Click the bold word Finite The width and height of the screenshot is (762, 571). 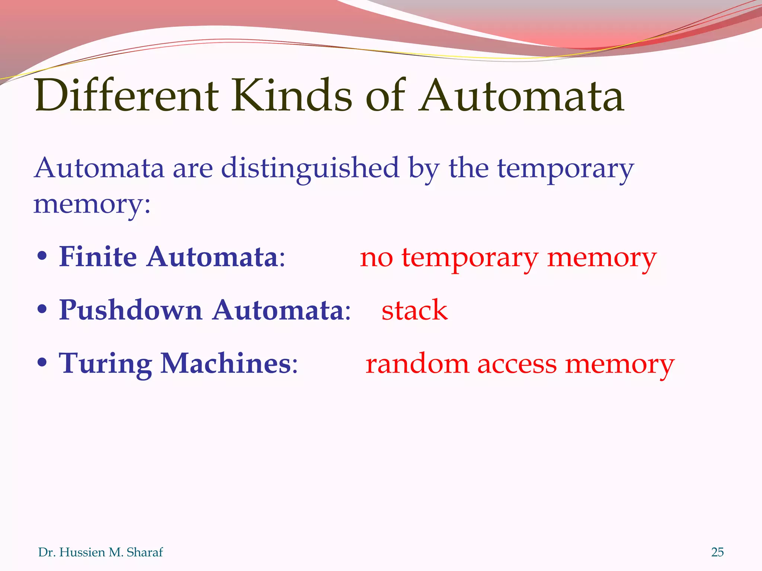(x=98, y=257)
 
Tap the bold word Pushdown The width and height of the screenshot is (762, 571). (x=131, y=310)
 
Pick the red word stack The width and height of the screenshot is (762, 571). (x=414, y=310)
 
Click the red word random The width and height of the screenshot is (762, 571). (x=417, y=364)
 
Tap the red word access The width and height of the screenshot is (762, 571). (x=517, y=364)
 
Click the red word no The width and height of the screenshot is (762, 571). (x=376, y=258)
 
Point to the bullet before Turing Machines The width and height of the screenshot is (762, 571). (x=42, y=362)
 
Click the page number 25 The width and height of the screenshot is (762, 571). (x=717, y=552)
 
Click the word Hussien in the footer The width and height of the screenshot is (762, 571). (x=82, y=552)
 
